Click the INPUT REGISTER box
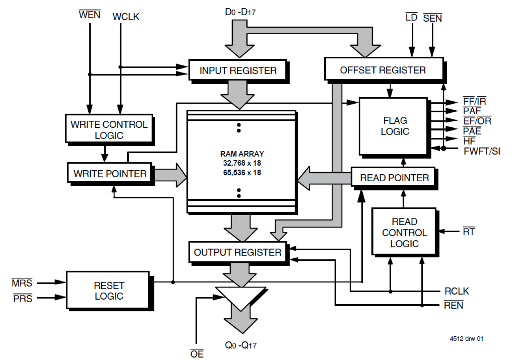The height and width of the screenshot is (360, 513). click(238, 71)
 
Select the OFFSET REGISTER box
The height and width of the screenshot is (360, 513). click(383, 70)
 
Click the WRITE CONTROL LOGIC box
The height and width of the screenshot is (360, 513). click(109, 130)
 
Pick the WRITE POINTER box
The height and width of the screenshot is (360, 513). click(109, 173)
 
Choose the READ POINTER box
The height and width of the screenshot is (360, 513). click(394, 178)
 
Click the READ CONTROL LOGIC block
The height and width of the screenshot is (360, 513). click(404, 233)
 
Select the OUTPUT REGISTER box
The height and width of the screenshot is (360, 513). click(238, 252)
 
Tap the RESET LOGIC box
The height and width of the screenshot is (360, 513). click(109, 291)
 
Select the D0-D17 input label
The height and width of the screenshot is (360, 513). click(240, 12)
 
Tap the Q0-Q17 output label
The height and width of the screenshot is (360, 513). click(241, 345)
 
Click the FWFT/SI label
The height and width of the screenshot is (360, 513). click(482, 151)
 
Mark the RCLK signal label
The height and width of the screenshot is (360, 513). click(457, 291)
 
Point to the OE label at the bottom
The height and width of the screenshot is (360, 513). click(197, 353)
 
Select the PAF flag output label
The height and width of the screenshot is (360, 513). click(472, 111)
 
